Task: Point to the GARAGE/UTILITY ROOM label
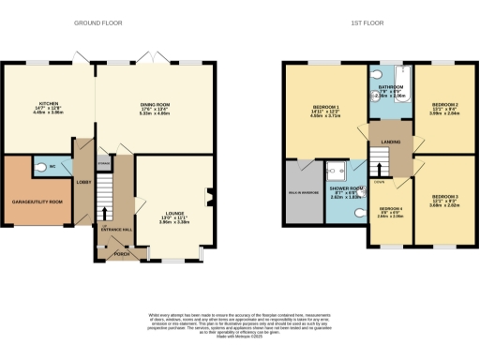pyautogui.click(x=36, y=202)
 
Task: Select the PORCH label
pyautogui.click(x=120, y=253)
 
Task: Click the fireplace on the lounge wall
pyautogui.click(x=207, y=196)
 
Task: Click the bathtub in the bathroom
pyautogui.click(x=392, y=77)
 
